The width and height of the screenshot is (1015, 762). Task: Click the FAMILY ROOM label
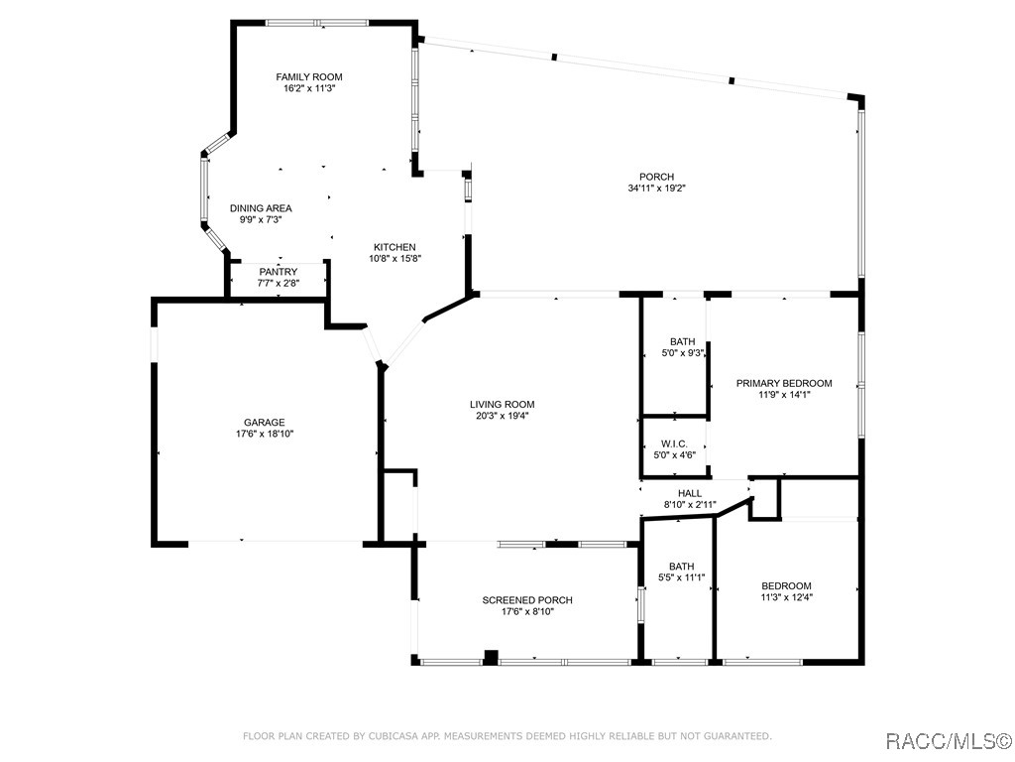309,77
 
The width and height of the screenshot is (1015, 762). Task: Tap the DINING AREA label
261,208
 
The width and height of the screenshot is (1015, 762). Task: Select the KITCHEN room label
395,247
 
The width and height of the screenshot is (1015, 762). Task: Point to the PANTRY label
279,272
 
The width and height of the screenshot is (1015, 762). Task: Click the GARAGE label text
264,423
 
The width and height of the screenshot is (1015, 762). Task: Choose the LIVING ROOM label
503,405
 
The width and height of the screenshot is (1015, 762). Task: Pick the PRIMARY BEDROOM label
784,383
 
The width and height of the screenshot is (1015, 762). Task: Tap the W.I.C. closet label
674,444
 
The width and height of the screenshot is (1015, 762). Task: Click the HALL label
690,493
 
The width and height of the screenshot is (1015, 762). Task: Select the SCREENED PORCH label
527,600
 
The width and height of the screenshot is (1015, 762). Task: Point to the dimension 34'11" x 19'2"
656,189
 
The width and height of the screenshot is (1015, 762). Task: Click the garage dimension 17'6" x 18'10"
265,435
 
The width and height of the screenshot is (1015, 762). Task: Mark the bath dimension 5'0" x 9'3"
682,353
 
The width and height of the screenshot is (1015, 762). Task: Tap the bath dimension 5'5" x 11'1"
682,577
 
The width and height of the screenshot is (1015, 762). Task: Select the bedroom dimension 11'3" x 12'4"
786,597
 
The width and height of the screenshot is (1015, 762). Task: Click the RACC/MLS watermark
948,740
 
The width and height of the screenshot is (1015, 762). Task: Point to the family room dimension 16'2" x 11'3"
309,88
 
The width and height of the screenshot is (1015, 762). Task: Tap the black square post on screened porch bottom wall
492,657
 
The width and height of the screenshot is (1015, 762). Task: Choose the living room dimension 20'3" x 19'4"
503,416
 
